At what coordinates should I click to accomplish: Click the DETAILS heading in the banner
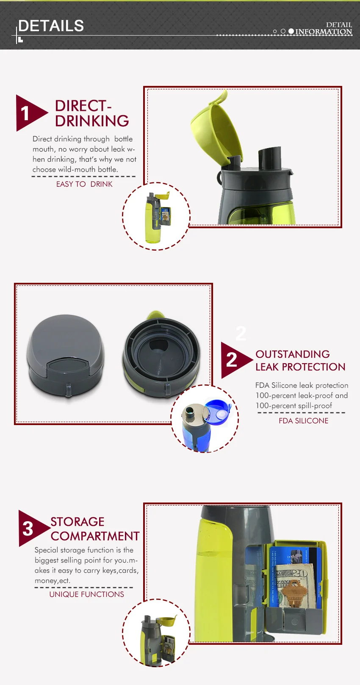(51, 26)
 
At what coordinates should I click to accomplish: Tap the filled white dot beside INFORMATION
(291, 31)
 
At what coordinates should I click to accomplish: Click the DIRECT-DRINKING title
(91, 113)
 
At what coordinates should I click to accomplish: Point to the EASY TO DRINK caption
(84, 184)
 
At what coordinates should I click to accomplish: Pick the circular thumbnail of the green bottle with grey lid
(156, 216)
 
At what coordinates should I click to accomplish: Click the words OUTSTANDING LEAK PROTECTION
(300, 361)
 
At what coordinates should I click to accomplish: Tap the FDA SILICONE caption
(303, 421)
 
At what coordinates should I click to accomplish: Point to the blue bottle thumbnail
(205, 419)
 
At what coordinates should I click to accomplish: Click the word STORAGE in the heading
(78, 522)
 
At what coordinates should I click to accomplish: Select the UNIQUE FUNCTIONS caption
(86, 594)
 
